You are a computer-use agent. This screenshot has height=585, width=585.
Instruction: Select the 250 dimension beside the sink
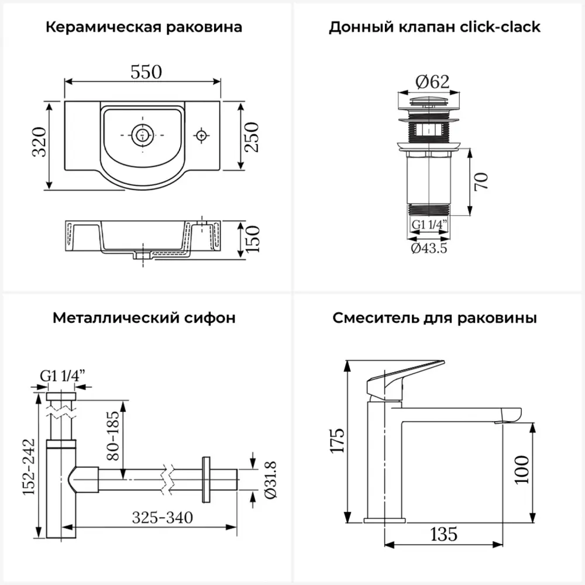pyautogui.click(x=252, y=137)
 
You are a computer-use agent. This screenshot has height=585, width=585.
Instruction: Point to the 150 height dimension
pyautogui.click(x=252, y=239)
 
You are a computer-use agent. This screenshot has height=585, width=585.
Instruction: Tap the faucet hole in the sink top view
pyautogui.click(x=201, y=135)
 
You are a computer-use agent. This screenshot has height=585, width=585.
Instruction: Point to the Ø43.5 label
pyautogui.click(x=429, y=248)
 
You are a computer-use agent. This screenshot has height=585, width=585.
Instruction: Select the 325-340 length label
pyautogui.click(x=162, y=518)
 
